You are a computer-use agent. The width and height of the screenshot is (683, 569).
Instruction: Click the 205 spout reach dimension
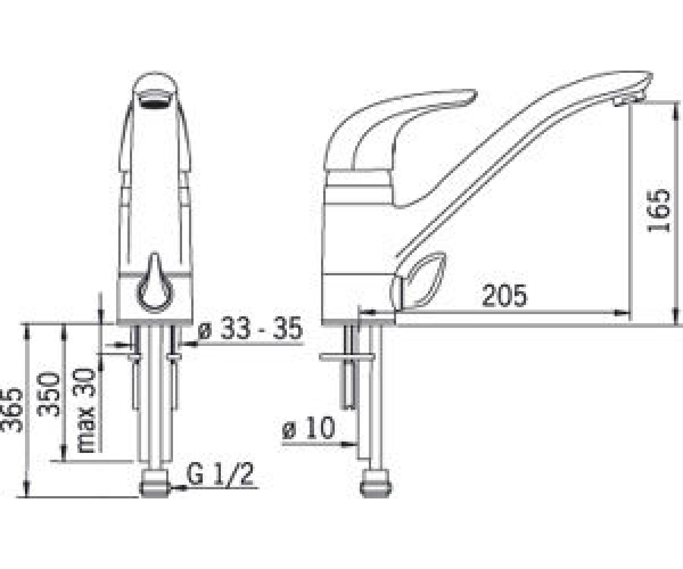coord(505,296)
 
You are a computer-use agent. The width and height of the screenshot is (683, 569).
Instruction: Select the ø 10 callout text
coord(308,428)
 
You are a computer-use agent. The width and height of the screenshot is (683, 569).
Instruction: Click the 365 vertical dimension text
coord(12,410)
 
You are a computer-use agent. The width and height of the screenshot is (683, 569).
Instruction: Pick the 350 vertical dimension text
coord(49,394)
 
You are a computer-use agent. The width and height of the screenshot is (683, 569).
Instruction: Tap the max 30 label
coord(86,410)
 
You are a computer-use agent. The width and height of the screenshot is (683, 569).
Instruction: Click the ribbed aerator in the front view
coord(155,98)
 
